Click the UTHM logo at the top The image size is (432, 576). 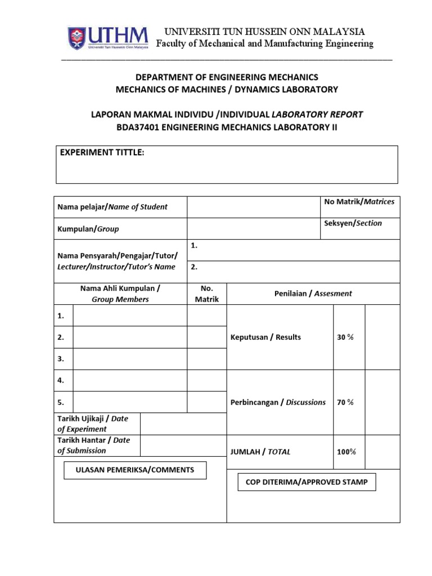108,38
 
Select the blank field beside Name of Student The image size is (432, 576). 253,207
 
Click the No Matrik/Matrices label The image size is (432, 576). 359,202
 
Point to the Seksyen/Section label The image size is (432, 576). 353,223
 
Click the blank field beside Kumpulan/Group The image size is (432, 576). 253,229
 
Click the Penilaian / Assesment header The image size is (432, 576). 313,293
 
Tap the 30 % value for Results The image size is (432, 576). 345,337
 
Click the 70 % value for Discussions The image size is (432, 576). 345,402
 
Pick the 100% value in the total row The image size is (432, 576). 346,452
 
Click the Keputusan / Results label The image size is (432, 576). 265,337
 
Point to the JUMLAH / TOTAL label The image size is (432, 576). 260,452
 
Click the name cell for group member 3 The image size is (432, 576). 130,359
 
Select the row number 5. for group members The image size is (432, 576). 61,402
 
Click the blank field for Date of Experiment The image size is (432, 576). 183,424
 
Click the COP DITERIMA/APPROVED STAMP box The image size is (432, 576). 307,482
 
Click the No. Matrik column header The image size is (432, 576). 206,294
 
